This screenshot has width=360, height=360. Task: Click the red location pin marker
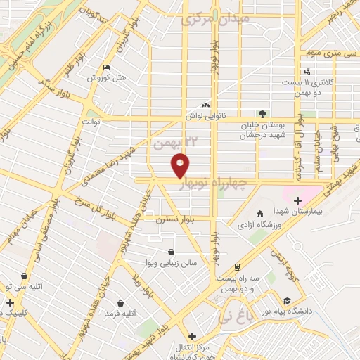(181, 165)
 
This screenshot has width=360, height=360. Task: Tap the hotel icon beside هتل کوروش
(106, 67)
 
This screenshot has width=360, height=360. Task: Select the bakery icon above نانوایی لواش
(205, 104)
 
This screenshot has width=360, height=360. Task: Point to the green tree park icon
(262, 112)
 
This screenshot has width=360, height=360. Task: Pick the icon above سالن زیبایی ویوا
(172, 252)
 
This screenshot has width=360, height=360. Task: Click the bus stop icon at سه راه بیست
(237, 266)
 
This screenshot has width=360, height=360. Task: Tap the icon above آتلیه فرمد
(121, 303)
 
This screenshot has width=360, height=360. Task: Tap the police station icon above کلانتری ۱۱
(307, 71)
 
